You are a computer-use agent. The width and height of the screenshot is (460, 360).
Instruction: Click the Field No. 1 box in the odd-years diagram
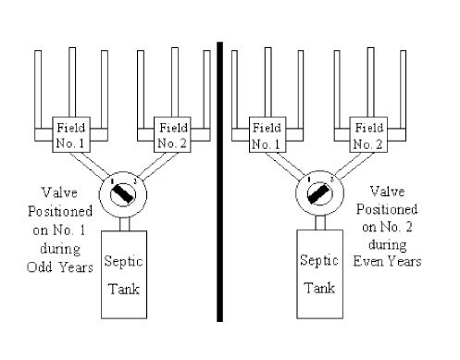coord(71,134)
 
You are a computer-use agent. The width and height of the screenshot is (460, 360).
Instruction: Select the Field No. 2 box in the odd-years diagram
coord(172,134)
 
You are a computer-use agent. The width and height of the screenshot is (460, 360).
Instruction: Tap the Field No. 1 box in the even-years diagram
coord(267,134)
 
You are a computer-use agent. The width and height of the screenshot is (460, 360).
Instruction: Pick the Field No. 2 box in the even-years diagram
coord(368,134)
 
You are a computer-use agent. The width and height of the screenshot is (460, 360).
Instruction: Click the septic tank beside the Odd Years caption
coord(124,275)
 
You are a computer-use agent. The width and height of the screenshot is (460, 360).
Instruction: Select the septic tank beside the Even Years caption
coord(320,274)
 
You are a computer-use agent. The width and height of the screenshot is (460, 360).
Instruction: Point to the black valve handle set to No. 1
coord(123,193)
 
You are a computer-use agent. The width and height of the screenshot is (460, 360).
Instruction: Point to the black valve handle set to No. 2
coord(319,193)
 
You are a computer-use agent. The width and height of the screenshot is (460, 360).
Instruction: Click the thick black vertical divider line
coord(219,182)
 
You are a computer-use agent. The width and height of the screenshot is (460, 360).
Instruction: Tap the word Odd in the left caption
coord(40,267)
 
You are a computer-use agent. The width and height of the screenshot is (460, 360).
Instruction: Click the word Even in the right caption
coord(367,261)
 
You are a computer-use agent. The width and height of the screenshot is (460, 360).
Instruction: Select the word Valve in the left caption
coord(59,192)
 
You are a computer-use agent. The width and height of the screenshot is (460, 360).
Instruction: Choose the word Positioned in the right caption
coord(387,209)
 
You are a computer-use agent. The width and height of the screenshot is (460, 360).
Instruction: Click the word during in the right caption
coord(388,244)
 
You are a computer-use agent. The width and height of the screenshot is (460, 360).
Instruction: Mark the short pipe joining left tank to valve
coord(125,224)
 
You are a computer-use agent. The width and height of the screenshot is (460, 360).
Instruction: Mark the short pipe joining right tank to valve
coord(320,223)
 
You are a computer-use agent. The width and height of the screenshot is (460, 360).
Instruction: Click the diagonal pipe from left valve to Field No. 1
coord(89,165)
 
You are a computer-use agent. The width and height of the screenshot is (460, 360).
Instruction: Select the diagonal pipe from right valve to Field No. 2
coord(354,165)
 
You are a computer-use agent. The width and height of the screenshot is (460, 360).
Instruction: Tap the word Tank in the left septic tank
coord(124,289)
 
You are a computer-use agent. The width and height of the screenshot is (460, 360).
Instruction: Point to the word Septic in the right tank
coord(319,261)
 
